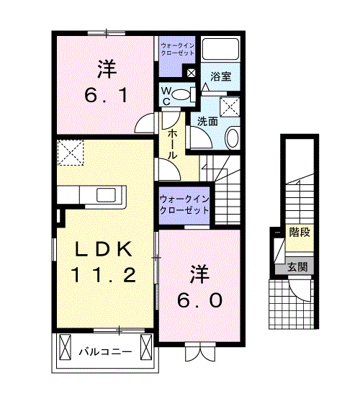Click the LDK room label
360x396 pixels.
pos(104,249)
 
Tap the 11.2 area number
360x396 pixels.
pos(104,274)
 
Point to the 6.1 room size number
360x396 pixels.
pos(106,96)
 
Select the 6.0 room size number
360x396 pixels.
pos(199,300)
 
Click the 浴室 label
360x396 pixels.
pos(221,76)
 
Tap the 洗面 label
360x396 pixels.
pos(207,122)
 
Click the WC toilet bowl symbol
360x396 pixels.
pos(181,94)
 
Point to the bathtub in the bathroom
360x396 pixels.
pos(220,49)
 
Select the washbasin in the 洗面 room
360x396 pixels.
pos(232,138)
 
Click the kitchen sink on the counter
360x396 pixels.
pos(106,194)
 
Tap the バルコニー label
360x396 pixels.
pos(106,352)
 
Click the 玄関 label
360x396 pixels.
pos(297,266)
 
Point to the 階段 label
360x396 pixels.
pos(300,232)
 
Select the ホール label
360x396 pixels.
pos(172,144)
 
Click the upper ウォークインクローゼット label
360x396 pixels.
pos(178,50)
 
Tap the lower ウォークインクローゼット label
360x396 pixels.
pos(184,204)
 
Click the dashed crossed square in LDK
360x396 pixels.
pos(71,153)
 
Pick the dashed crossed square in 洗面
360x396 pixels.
pos(230,107)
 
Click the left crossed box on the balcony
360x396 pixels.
pos(65,347)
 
